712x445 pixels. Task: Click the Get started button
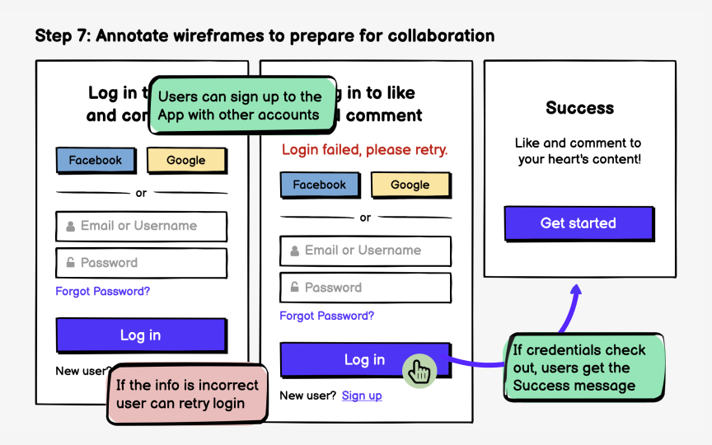578,223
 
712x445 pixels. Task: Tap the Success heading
579,108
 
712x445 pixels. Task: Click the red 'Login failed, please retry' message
365,150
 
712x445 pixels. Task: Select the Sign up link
362,396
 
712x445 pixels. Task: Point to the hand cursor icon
419,372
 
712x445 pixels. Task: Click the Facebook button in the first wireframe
95,161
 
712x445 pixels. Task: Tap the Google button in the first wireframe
186,161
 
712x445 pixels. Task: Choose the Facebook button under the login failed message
320,185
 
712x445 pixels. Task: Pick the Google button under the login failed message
410,185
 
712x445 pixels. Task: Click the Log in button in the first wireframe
141,335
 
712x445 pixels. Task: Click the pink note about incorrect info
188,394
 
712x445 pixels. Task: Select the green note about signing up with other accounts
241,106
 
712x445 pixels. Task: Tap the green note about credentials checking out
583,368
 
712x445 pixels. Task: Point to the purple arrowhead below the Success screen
576,290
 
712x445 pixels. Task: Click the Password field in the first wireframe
141,263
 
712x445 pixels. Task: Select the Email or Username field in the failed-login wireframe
365,251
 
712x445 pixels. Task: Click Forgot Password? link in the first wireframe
103,292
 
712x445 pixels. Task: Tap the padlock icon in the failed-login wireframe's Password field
295,288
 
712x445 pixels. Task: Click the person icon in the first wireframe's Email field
71,227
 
